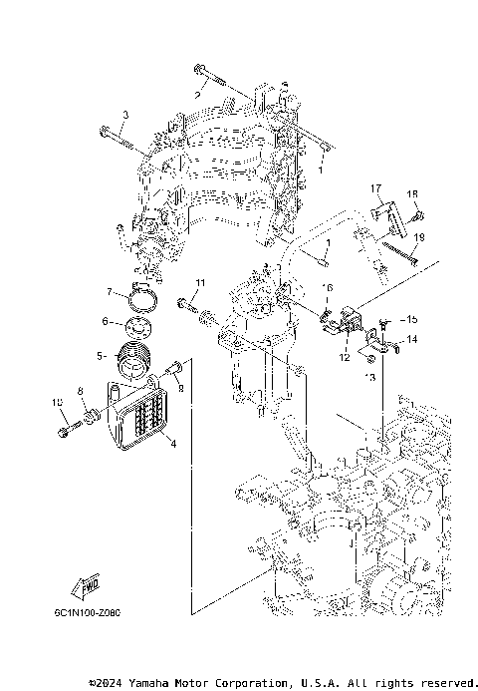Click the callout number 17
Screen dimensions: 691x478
377,188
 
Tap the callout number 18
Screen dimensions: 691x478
412,194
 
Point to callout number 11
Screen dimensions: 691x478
199,284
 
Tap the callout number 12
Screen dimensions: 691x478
344,355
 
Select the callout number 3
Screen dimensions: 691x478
125,117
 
